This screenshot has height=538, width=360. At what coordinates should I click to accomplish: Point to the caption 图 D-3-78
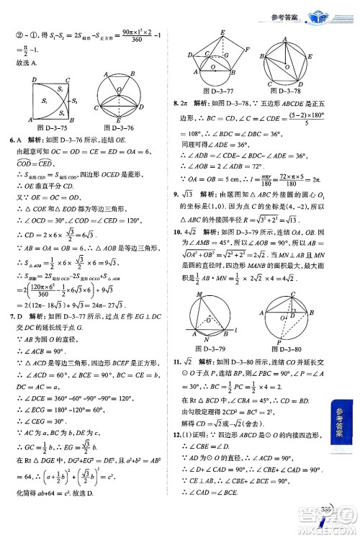coord(287,91)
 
